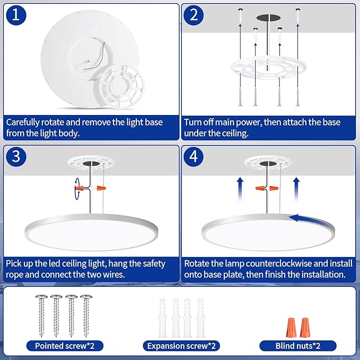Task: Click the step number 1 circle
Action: [16, 15]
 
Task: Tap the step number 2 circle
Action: [194, 15]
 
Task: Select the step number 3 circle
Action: [16, 157]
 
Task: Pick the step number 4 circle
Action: [194, 157]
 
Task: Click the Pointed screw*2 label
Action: [65, 346]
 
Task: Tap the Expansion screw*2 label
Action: [181, 346]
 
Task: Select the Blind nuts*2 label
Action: [298, 346]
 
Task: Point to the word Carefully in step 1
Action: [22, 122]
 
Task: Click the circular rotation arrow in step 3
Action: [77, 189]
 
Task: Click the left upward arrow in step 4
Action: [240, 189]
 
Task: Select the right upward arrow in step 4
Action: [296, 189]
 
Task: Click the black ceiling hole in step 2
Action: [268, 17]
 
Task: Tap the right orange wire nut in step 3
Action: [101, 188]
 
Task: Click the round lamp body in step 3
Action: [91, 232]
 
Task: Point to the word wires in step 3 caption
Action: [113, 275]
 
